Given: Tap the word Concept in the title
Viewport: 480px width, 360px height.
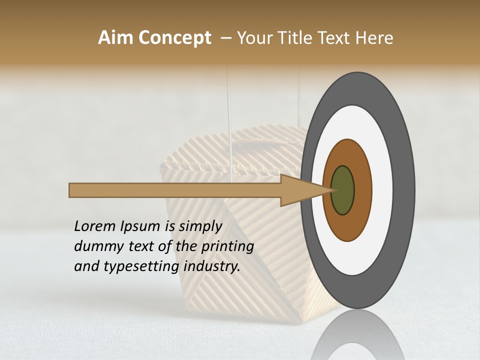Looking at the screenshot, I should [x=174, y=38].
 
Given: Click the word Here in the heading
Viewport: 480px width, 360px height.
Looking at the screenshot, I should [x=374, y=38].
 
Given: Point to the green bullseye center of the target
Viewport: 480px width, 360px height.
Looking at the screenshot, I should [x=343, y=190].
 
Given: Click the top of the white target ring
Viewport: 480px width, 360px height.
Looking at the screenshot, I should [x=354, y=120].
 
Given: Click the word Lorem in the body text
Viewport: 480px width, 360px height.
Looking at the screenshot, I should [x=93, y=226].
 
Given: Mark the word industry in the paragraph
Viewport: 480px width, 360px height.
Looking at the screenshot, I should [x=212, y=266].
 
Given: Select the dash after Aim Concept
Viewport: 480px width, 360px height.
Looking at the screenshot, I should [x=225, y=38].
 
